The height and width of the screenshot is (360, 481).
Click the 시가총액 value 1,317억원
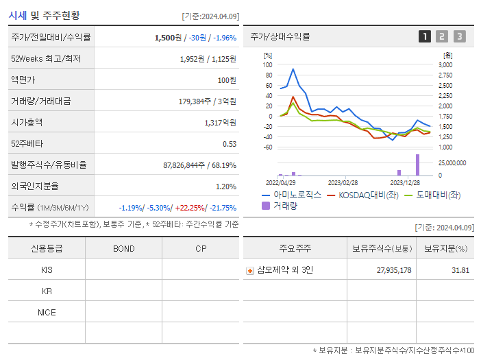(x=220, y=122)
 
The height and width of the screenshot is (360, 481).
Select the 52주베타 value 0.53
(x=229, y=143)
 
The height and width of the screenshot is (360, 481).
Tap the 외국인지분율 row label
(x=35, y=186)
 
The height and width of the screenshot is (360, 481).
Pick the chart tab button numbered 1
(x=425, y=36)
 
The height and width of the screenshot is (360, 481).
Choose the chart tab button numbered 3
(x=459, y=36)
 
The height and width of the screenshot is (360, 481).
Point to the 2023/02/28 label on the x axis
(x=343, y=183)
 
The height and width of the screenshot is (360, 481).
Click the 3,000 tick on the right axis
(x=445, y=64)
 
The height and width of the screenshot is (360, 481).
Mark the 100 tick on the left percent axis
(x=268, y=64)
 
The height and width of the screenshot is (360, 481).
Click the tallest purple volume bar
(x=417, y=165)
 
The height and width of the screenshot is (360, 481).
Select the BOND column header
(x=123, y=248)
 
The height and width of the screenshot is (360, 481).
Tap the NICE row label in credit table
(x=47, y=312)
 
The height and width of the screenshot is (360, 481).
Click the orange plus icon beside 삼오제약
(x=250, y=270)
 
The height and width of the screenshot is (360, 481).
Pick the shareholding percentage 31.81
(x=460, y=270)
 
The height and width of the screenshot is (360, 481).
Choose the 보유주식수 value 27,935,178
(x=394, y=270)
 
